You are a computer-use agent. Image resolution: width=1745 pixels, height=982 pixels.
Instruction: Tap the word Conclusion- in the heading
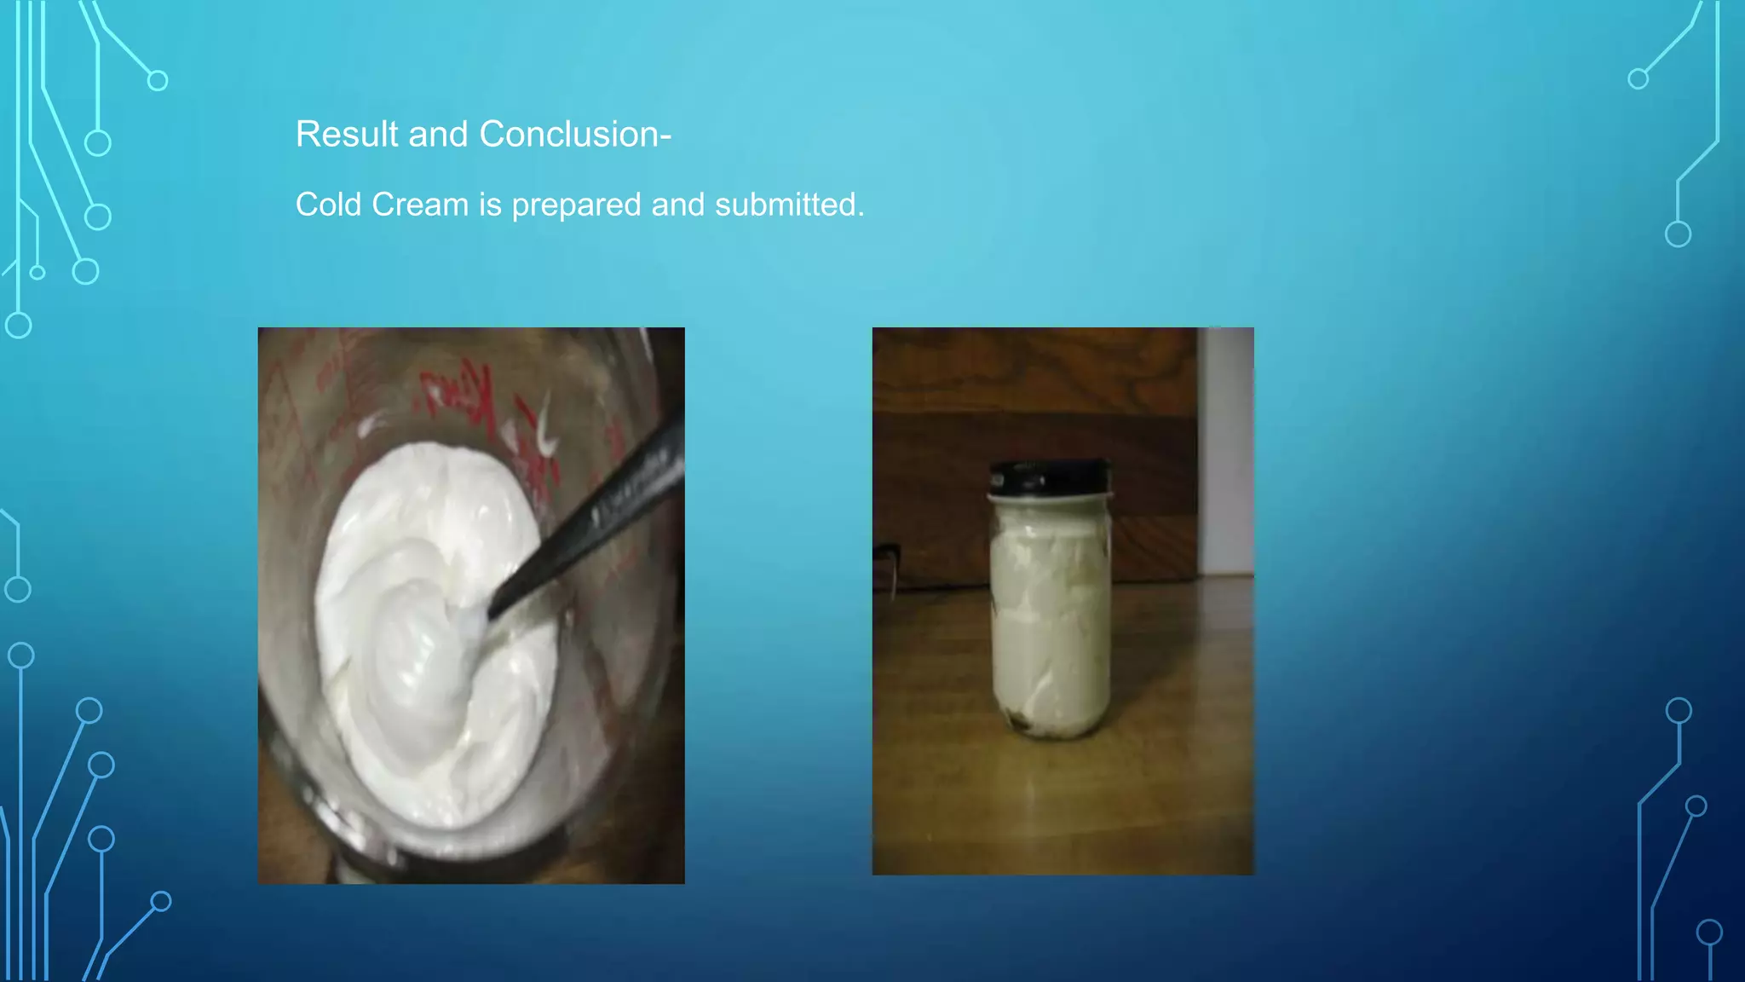coord(575,135)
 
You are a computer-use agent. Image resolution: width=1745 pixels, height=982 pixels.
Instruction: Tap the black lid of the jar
coord(1050,476)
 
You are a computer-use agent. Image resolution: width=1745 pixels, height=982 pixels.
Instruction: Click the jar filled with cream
coord(1050,622)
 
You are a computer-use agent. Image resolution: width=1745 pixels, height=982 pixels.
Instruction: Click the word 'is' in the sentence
coord(490,205)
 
